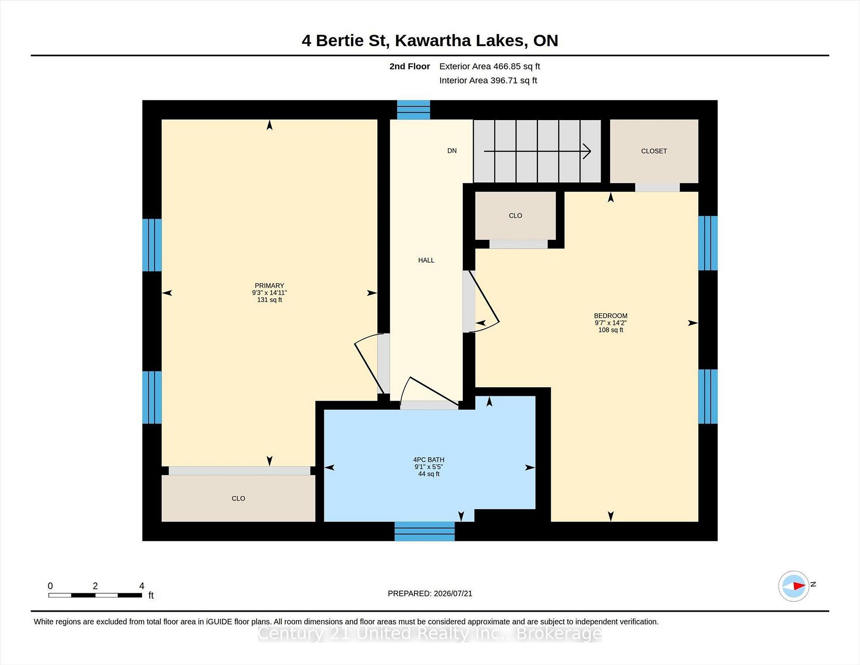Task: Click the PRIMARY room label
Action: [269, 285]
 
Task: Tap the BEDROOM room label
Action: [611, 315]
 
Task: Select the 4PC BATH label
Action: [429, 459]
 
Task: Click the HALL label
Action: [426, 260]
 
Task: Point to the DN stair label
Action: [452, 151]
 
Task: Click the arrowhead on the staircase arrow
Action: [587, 151]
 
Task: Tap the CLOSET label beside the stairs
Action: [654, 151]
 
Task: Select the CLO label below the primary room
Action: [238, 498]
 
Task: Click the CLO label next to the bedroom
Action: [516, 216]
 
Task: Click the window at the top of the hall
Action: [413, 110]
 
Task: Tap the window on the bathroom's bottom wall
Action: [425, 531]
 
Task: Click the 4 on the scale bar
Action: [142, 586]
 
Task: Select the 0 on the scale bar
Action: [50, 586]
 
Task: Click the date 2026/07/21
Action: [452, 593]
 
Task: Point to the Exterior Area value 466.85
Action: [507, 66]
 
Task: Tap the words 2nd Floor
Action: [409, 66]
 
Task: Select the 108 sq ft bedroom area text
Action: [611, 330]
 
